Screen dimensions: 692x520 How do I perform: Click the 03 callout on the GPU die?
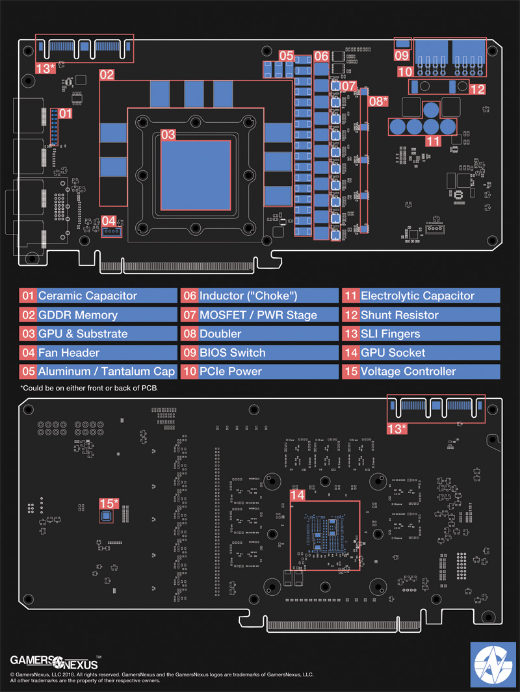coord(168,135)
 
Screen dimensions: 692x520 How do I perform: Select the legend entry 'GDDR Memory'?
coord(78,315)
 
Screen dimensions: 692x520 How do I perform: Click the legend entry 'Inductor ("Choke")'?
coord(248,296)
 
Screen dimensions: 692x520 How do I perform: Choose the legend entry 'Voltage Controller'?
coord(408,372)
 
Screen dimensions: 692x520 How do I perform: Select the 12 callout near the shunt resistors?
coord(477,88)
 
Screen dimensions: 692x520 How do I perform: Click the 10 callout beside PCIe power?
coord(405,71)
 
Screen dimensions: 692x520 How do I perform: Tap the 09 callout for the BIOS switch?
coord(403,55)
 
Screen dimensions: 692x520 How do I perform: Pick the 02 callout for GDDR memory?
coord(107,75)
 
